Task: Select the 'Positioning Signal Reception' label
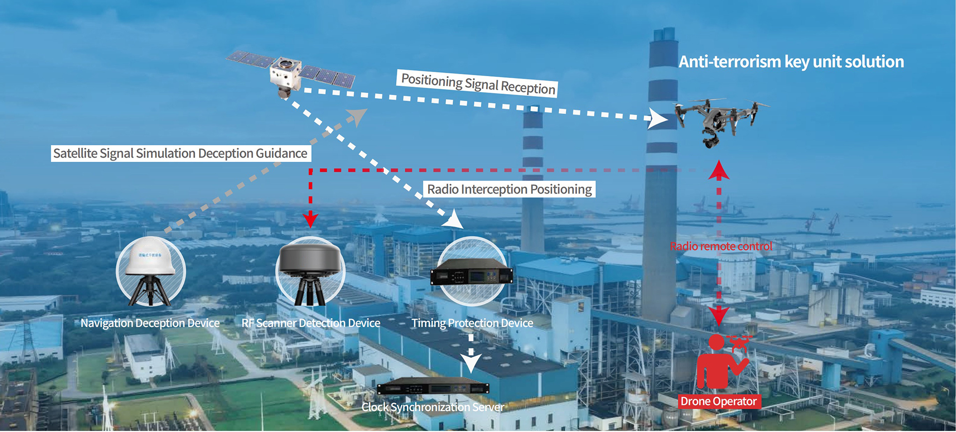(477, 84)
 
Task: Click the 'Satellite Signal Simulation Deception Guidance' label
(180, 153)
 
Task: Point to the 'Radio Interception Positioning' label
(509, 189)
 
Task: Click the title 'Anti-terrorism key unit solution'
(791, 62)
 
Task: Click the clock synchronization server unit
(433, 387)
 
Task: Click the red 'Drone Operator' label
(718, 401)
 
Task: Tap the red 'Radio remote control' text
(720, 246)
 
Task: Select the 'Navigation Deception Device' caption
(150, 323)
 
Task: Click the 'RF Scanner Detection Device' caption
(311, 323)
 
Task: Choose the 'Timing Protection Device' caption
(472, 323)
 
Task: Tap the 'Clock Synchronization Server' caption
(433, 407)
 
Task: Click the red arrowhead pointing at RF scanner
(310, 219)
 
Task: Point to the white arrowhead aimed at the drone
(658, 119)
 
